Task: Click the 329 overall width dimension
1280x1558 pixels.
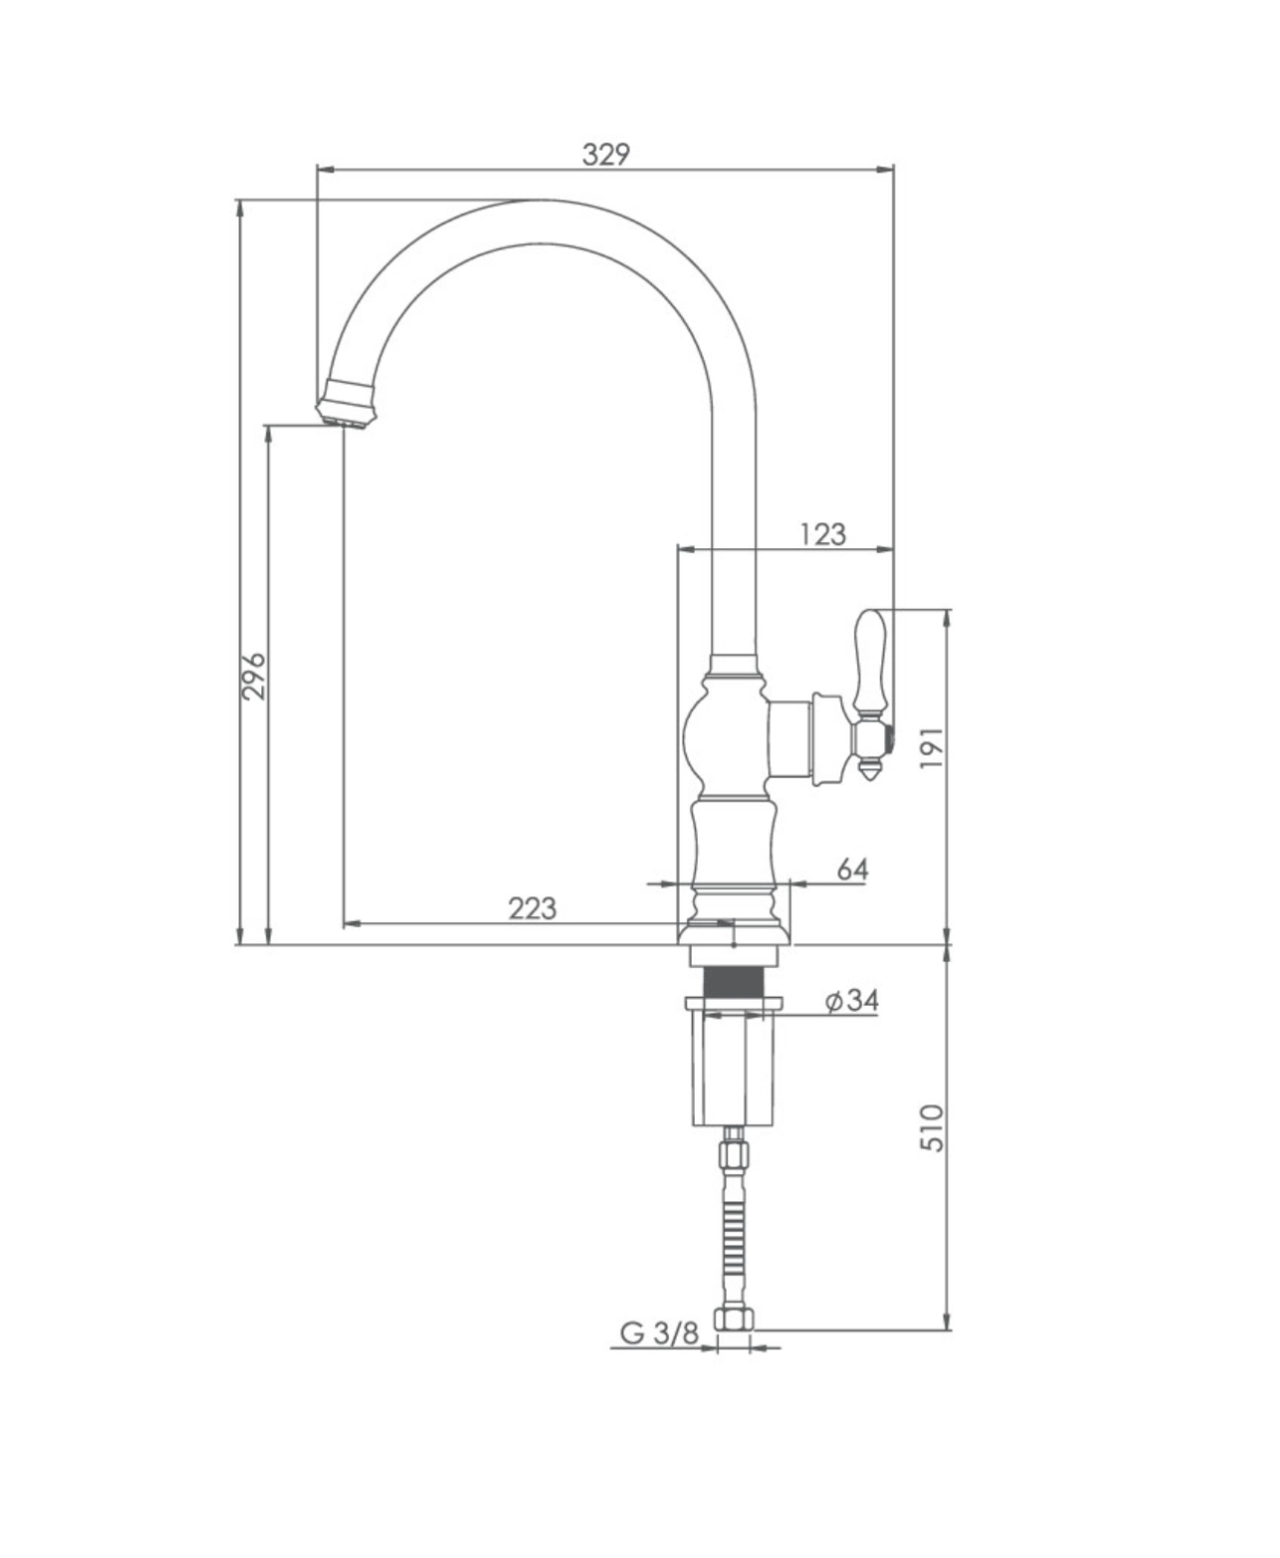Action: click(605, 156)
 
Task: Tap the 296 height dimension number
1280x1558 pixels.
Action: click(253, 675)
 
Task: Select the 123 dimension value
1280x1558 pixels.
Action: click(822, 534)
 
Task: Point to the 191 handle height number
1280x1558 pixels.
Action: click(933, 748)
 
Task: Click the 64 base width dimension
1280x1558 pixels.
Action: click(853, 869)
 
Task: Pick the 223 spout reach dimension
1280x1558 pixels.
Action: click(532, 909)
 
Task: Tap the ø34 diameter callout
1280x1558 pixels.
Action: click(853, 1000)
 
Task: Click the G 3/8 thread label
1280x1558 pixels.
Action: click(659, 1334)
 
